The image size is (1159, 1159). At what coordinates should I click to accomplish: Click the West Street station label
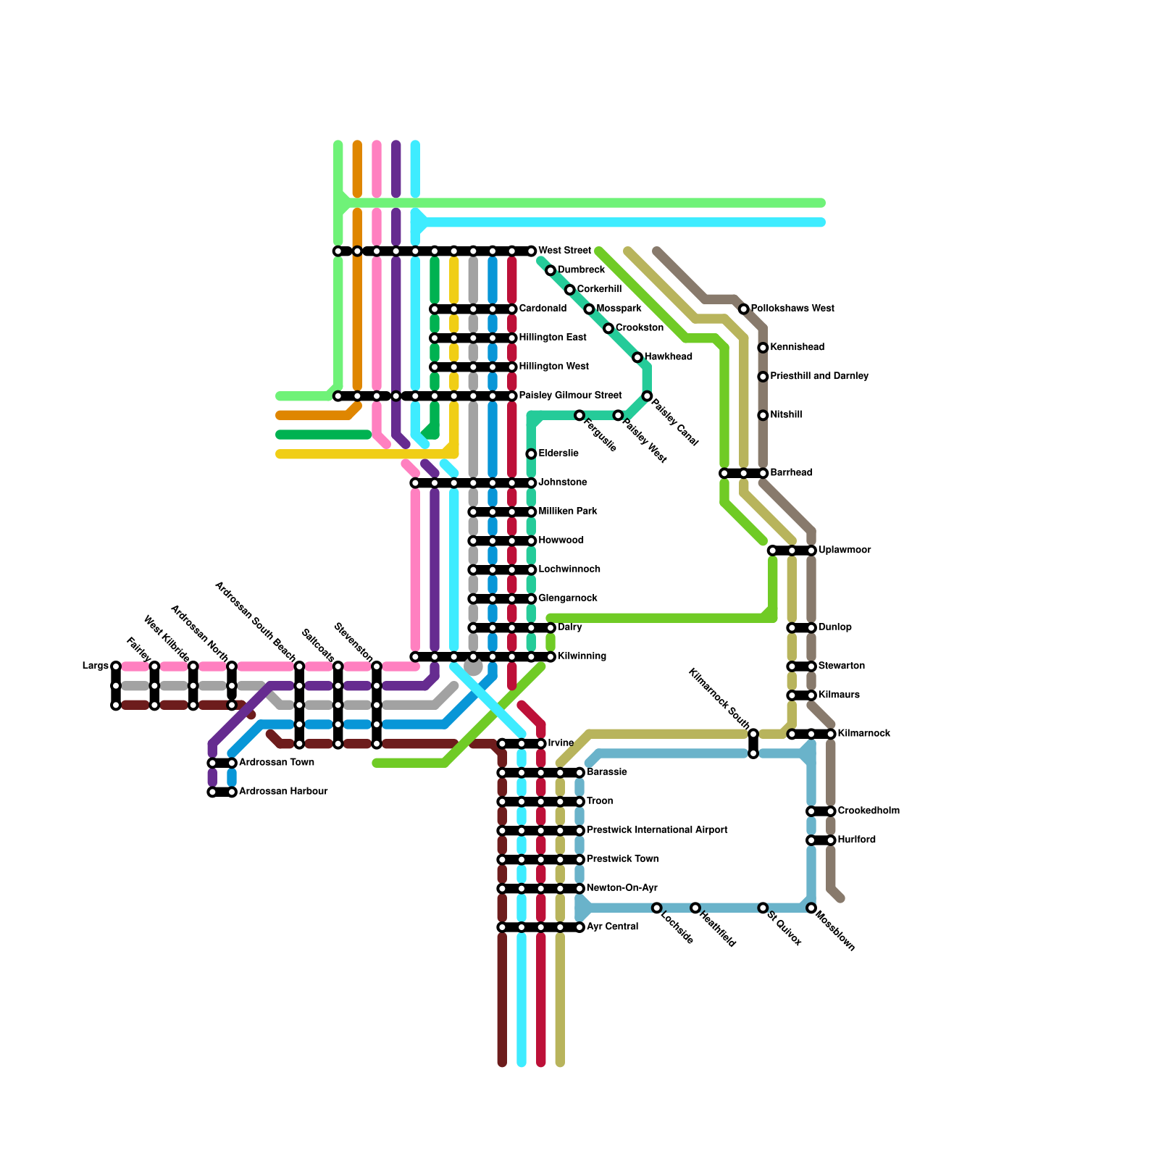564,251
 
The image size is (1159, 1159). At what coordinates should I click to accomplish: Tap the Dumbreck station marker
551,271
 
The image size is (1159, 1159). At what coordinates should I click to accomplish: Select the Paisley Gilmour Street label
570,396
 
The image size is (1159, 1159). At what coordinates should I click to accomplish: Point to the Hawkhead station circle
637,357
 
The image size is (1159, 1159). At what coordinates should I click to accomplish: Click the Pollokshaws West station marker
744,309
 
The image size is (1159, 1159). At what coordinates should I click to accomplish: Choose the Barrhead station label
791,473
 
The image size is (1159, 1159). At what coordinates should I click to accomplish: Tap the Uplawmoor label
845,551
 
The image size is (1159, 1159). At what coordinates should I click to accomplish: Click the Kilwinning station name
582,656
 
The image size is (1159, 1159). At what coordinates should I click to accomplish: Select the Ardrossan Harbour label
283,792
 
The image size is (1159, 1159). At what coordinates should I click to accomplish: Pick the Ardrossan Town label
277,763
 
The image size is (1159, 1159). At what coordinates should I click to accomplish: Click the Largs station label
95,666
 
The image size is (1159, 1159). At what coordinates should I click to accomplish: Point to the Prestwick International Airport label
657,830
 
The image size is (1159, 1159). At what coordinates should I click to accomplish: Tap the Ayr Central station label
612,927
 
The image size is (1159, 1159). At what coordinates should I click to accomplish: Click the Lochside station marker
656,908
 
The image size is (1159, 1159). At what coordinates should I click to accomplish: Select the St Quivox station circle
763,908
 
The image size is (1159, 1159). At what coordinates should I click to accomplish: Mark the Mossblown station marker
811,908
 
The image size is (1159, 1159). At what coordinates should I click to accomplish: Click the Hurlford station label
857,840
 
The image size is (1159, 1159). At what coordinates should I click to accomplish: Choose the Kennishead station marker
763,348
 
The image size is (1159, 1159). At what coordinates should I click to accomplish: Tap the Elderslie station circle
532,454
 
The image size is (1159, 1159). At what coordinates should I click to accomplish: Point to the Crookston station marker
608,329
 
